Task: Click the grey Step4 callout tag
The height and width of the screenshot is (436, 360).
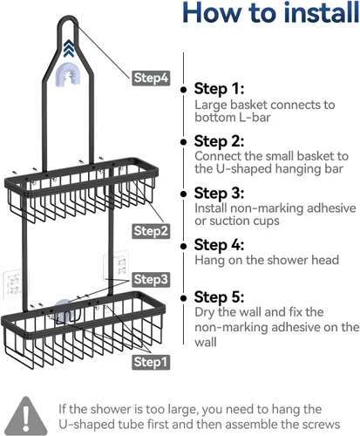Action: pos(151,78)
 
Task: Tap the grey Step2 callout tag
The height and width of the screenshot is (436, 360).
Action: pos(151,231)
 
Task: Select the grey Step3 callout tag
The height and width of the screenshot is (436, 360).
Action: pos(151,280)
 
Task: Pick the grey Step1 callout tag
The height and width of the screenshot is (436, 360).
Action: pos(151,362)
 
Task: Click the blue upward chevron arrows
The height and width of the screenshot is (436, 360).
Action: pos(69,48)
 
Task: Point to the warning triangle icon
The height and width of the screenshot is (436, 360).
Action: pos(26,416)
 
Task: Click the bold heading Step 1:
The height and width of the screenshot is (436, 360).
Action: pos(219,89)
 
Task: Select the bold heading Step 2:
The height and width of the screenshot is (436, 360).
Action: pos(219,141)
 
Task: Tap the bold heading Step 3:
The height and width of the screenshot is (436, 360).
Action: pos(219,193)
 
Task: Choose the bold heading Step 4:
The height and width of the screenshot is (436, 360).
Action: pos(219,245)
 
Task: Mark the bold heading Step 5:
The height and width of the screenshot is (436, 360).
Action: pos(219,297)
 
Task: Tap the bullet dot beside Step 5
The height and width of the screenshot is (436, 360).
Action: pos(183,298)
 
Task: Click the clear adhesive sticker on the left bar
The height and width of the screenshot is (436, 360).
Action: pos(12,284)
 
